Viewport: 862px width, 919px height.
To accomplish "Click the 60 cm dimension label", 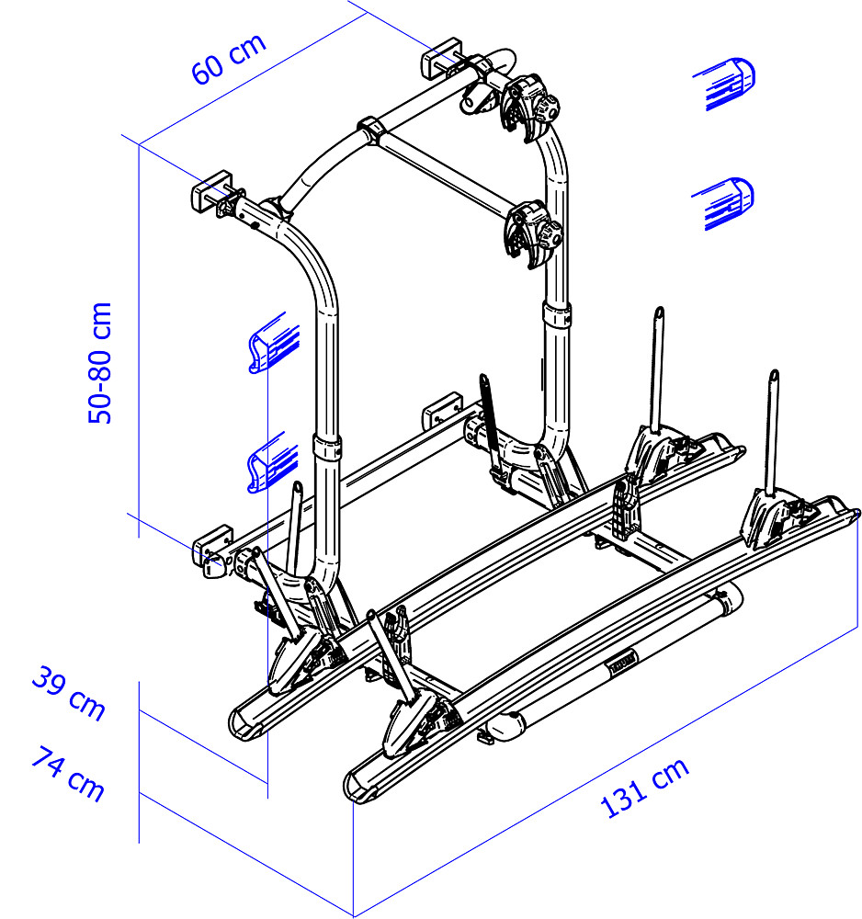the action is point(229,58).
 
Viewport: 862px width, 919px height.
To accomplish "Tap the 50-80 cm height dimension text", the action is point(99,363).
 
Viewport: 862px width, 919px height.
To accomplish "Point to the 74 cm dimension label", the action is point(68,773).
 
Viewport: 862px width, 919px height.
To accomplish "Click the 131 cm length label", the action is point(644,788).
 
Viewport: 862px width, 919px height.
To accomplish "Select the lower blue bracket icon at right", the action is point(725,203).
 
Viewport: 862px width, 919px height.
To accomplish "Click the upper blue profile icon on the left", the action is point(274,343).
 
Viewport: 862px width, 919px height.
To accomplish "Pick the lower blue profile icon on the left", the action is point(273,463).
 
